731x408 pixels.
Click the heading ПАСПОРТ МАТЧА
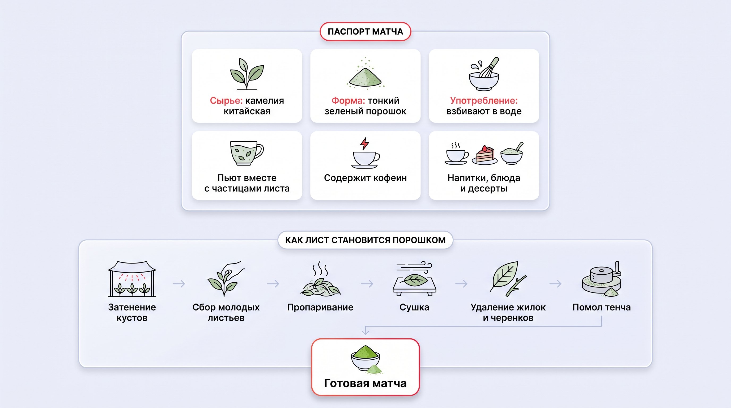click(365, 32)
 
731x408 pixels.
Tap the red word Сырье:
click(226, 100)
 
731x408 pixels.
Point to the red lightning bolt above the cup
click(364, 143)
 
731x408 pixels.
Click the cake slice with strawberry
click(485, 155)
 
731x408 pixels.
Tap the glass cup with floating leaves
click(246, 153)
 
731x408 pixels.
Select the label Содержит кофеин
click(365, 178)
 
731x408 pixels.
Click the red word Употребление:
click(484, 100)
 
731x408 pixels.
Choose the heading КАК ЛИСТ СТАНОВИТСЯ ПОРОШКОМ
click(365, 240)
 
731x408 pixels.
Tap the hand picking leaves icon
click(226, 279)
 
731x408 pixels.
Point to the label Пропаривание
click(320, 307)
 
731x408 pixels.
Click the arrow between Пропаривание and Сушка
click(367, 283)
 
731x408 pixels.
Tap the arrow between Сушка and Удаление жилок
click(461, 283)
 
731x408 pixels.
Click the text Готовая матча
click(365, 383)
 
